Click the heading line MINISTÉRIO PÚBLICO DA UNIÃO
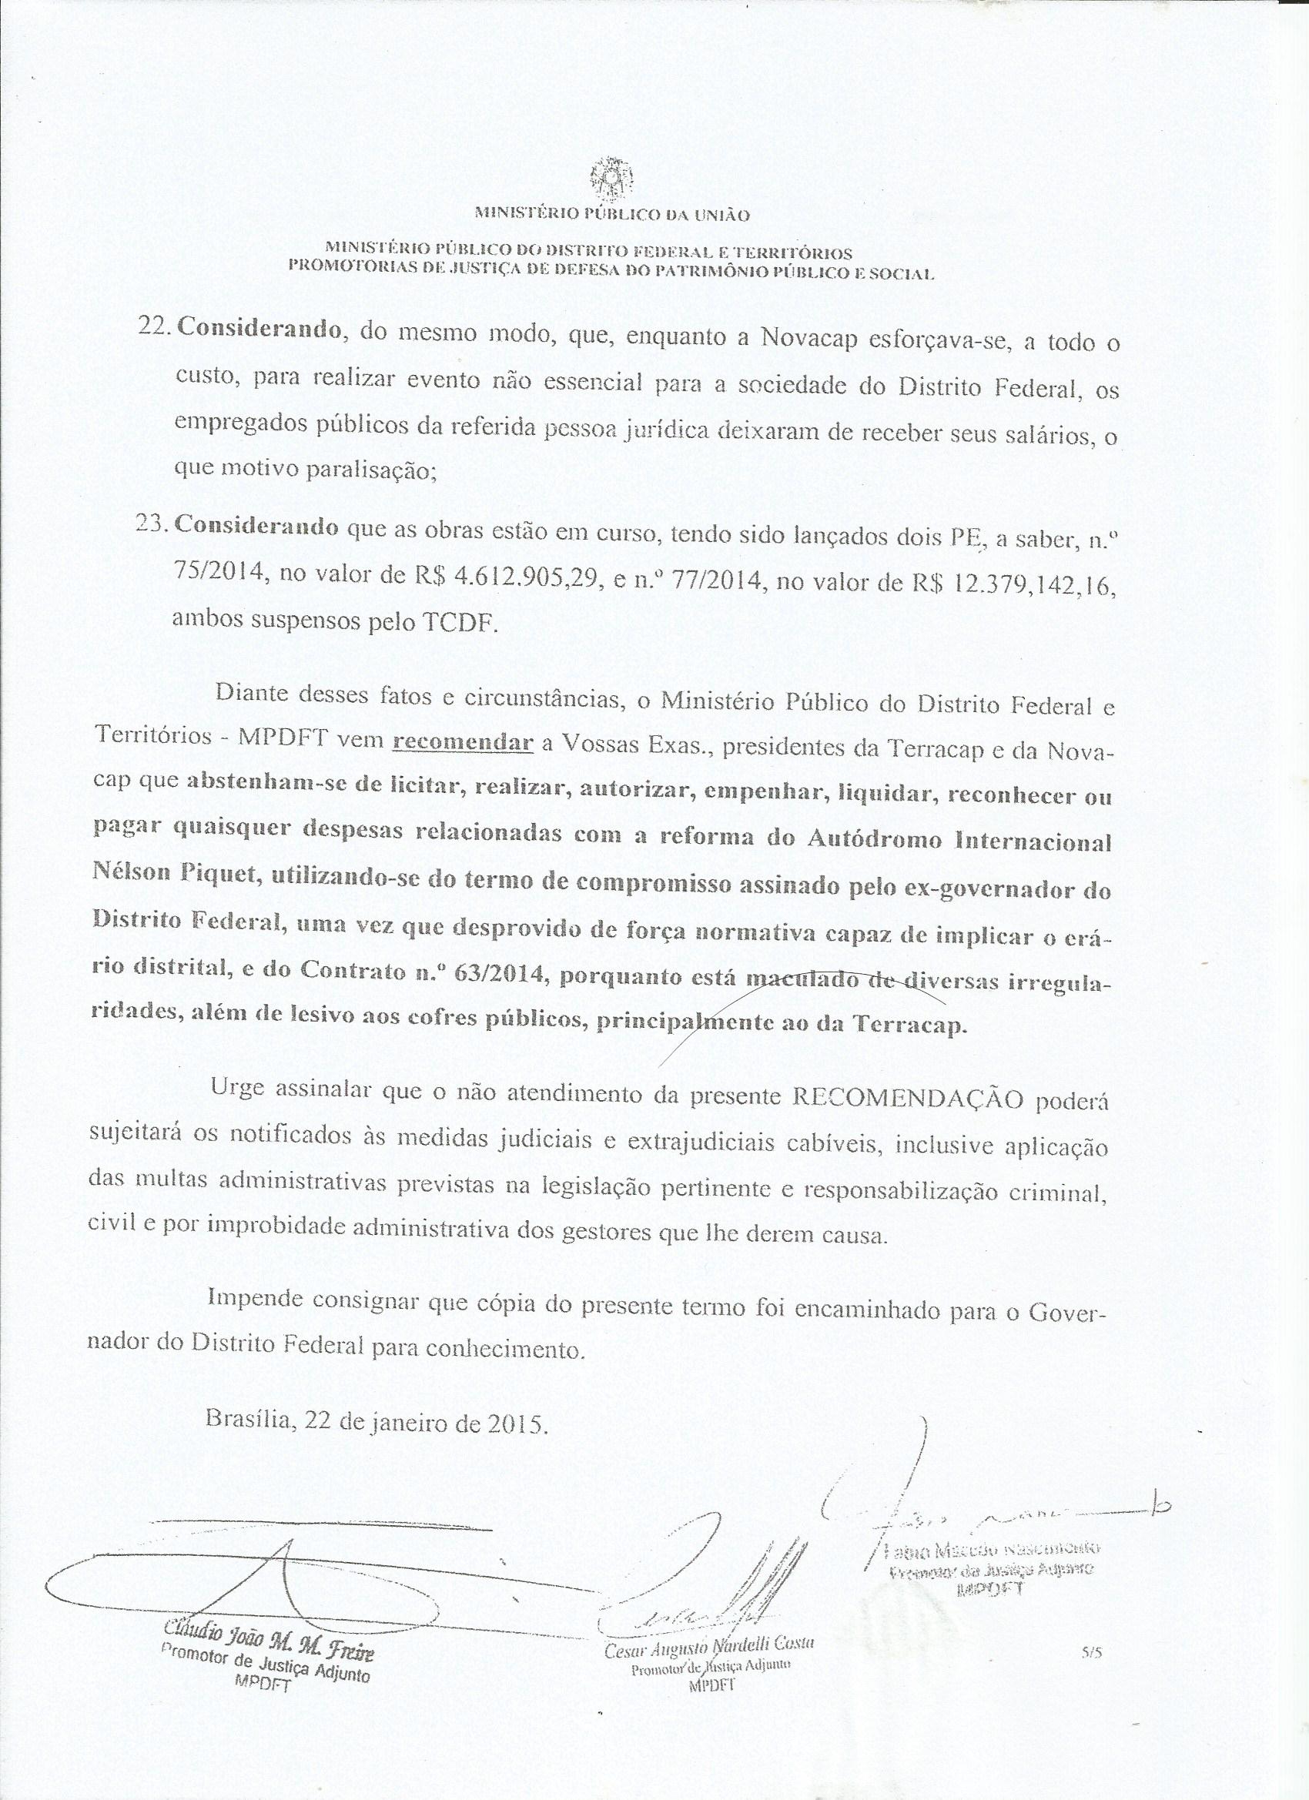611,214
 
